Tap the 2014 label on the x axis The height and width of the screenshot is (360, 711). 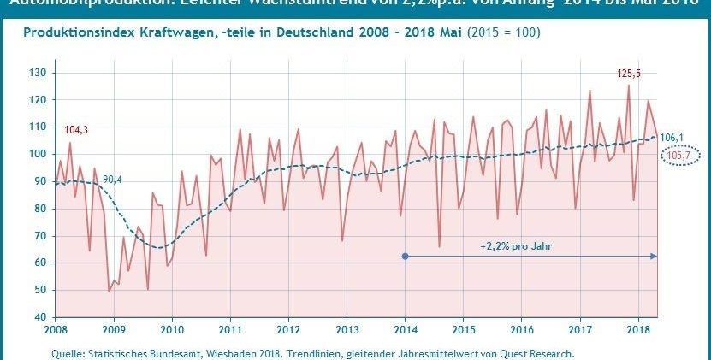tap(405, 329)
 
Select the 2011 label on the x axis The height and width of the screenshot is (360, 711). tap(230, 329)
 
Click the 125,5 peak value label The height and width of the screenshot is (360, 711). tap(629, 74)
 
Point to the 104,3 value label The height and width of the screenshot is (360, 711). tap(76, 129)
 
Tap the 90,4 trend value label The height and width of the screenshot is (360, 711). tap(112, 179)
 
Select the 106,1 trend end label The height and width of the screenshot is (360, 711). tap(672, 137)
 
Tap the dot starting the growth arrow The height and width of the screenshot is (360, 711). tap(405, 256)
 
